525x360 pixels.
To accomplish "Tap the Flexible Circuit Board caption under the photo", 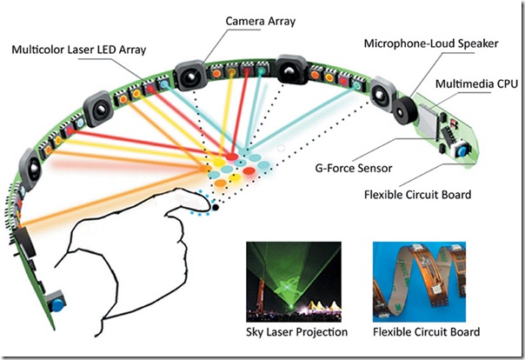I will click(x=421, y=332).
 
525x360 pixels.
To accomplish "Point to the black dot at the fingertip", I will click(x=215, y=207).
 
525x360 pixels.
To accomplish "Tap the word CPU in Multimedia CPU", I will click(x=501, y=83).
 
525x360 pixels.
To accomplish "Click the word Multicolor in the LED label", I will click(x=40, y=51).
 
